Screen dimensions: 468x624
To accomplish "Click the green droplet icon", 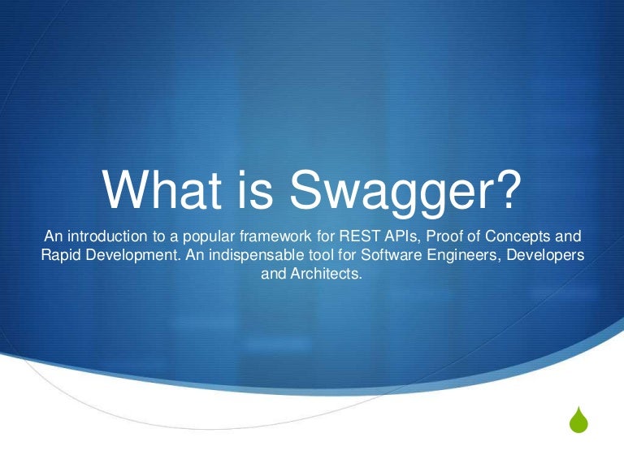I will (578, 422).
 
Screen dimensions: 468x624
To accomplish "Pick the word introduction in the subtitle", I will (107, 237).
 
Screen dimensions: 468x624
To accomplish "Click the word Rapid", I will (61, 256).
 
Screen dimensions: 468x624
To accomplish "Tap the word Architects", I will (329, 275).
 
